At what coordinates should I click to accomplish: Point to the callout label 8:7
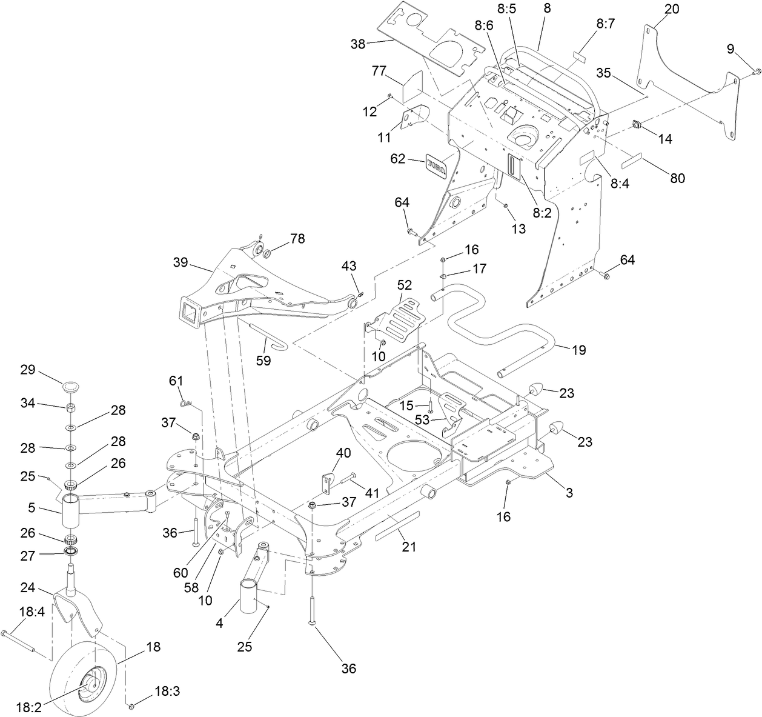tap(605, 24)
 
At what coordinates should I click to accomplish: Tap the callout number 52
tap(405, 284)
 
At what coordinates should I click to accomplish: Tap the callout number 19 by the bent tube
tap(578, 350)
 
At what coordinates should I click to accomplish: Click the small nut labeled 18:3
tap(131, 705)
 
